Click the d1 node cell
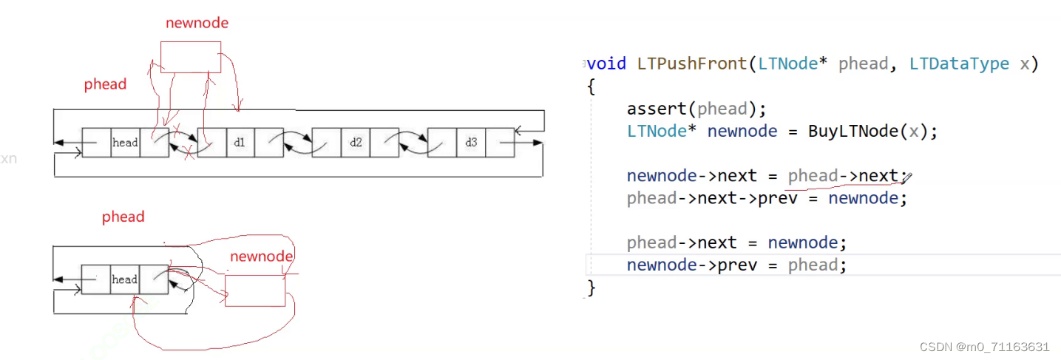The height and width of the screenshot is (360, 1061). pos(240,143)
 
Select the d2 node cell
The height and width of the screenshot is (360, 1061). pos(356,143)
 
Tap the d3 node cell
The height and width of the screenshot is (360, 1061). pos(471,143)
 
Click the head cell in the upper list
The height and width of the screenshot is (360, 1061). pos(125,143)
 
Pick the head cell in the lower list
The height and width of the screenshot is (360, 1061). pos(124,279)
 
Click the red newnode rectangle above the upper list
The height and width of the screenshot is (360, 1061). pos(191,57)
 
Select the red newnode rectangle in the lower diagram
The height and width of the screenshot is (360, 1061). pos(255,291)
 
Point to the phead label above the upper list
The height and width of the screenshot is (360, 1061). pos(105,84)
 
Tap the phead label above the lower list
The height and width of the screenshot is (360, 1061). pos(123,217)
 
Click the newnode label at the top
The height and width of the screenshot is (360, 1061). pos(197,23)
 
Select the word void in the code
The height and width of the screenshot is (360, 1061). pos(607,64)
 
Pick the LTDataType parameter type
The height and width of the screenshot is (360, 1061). pos(959,64)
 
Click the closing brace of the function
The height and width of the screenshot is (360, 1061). pos(591,288)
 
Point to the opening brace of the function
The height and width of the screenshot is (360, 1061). pos(591,86)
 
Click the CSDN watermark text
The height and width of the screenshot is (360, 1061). pos(984,347)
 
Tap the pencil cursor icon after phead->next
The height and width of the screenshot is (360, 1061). pos(907,177)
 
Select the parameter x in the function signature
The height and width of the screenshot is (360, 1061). pos(1024,64)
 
